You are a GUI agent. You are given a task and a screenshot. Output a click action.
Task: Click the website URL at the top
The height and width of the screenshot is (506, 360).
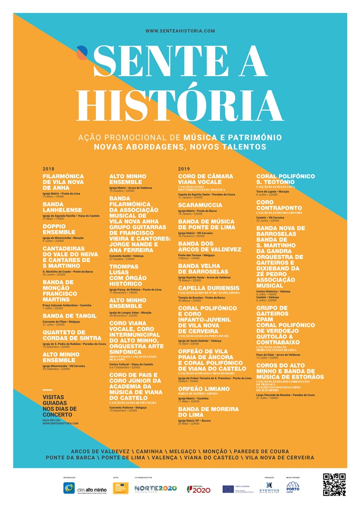tap(180, 31)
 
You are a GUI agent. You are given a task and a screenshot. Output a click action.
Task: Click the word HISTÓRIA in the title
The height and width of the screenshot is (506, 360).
tap(180, 105)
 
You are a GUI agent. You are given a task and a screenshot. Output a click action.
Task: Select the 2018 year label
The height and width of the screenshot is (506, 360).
tap(48, 169)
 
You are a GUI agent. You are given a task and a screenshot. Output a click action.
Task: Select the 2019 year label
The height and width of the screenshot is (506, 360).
tap(184, 169)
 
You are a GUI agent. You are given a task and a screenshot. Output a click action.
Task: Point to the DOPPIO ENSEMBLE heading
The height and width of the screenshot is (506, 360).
tap(59, 229)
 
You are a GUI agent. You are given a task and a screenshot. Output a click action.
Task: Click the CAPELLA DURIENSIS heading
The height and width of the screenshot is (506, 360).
tap(209, 288)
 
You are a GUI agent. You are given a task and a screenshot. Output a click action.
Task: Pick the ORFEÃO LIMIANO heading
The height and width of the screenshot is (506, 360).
tap(204, 389)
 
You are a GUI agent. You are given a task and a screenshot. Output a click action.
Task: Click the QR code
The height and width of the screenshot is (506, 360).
tap(334, 484)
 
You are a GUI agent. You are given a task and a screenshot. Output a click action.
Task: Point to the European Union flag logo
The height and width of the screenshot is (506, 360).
tap(228, 488)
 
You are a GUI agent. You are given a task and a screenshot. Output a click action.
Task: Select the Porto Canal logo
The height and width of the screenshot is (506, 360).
tap(292, 486)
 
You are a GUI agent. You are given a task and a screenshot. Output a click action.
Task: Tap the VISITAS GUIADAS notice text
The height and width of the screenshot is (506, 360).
tap(57, 406)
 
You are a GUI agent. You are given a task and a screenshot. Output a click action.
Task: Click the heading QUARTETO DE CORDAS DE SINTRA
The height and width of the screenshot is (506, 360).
tap(72, 335)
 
